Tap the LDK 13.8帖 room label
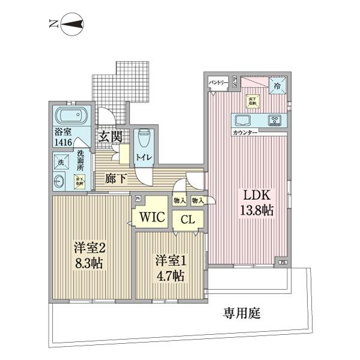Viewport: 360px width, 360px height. (x=258, y=203)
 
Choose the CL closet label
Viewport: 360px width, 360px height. (x=188, y=220)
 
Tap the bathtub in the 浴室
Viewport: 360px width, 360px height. (x=72, y=116)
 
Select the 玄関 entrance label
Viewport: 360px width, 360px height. (x=111, y=137)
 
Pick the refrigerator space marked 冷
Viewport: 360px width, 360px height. (x=277, y=86)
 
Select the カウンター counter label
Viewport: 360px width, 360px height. (x=245, y=132)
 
